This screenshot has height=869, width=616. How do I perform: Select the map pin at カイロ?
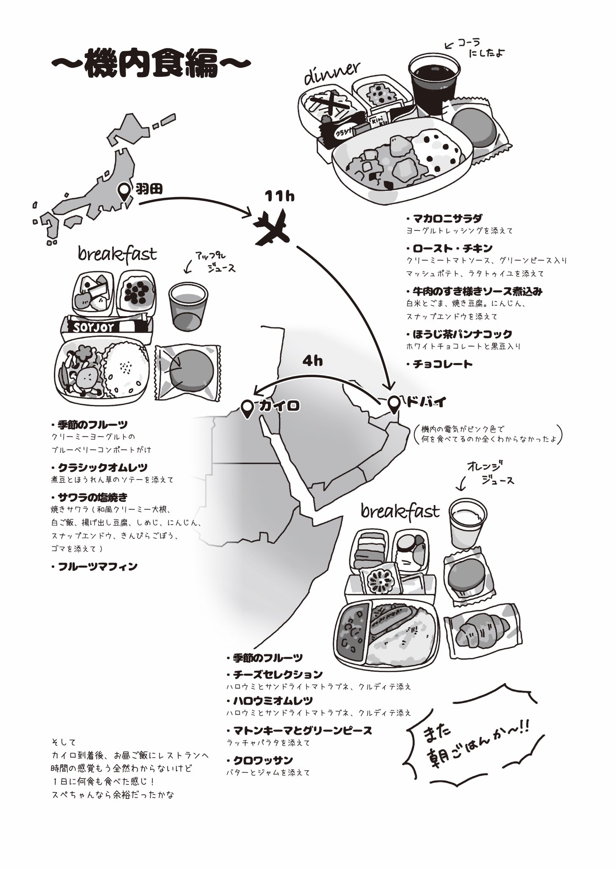point(247,408)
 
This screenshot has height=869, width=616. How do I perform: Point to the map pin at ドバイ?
point(395,404)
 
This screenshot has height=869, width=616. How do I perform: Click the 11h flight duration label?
point(279,196)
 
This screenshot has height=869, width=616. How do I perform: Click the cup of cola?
point(433,83)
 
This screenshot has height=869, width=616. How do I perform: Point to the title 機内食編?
point(151,64)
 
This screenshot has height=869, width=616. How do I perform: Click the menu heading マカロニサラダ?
point(447,219)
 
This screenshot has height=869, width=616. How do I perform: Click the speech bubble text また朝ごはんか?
point(471,740)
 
